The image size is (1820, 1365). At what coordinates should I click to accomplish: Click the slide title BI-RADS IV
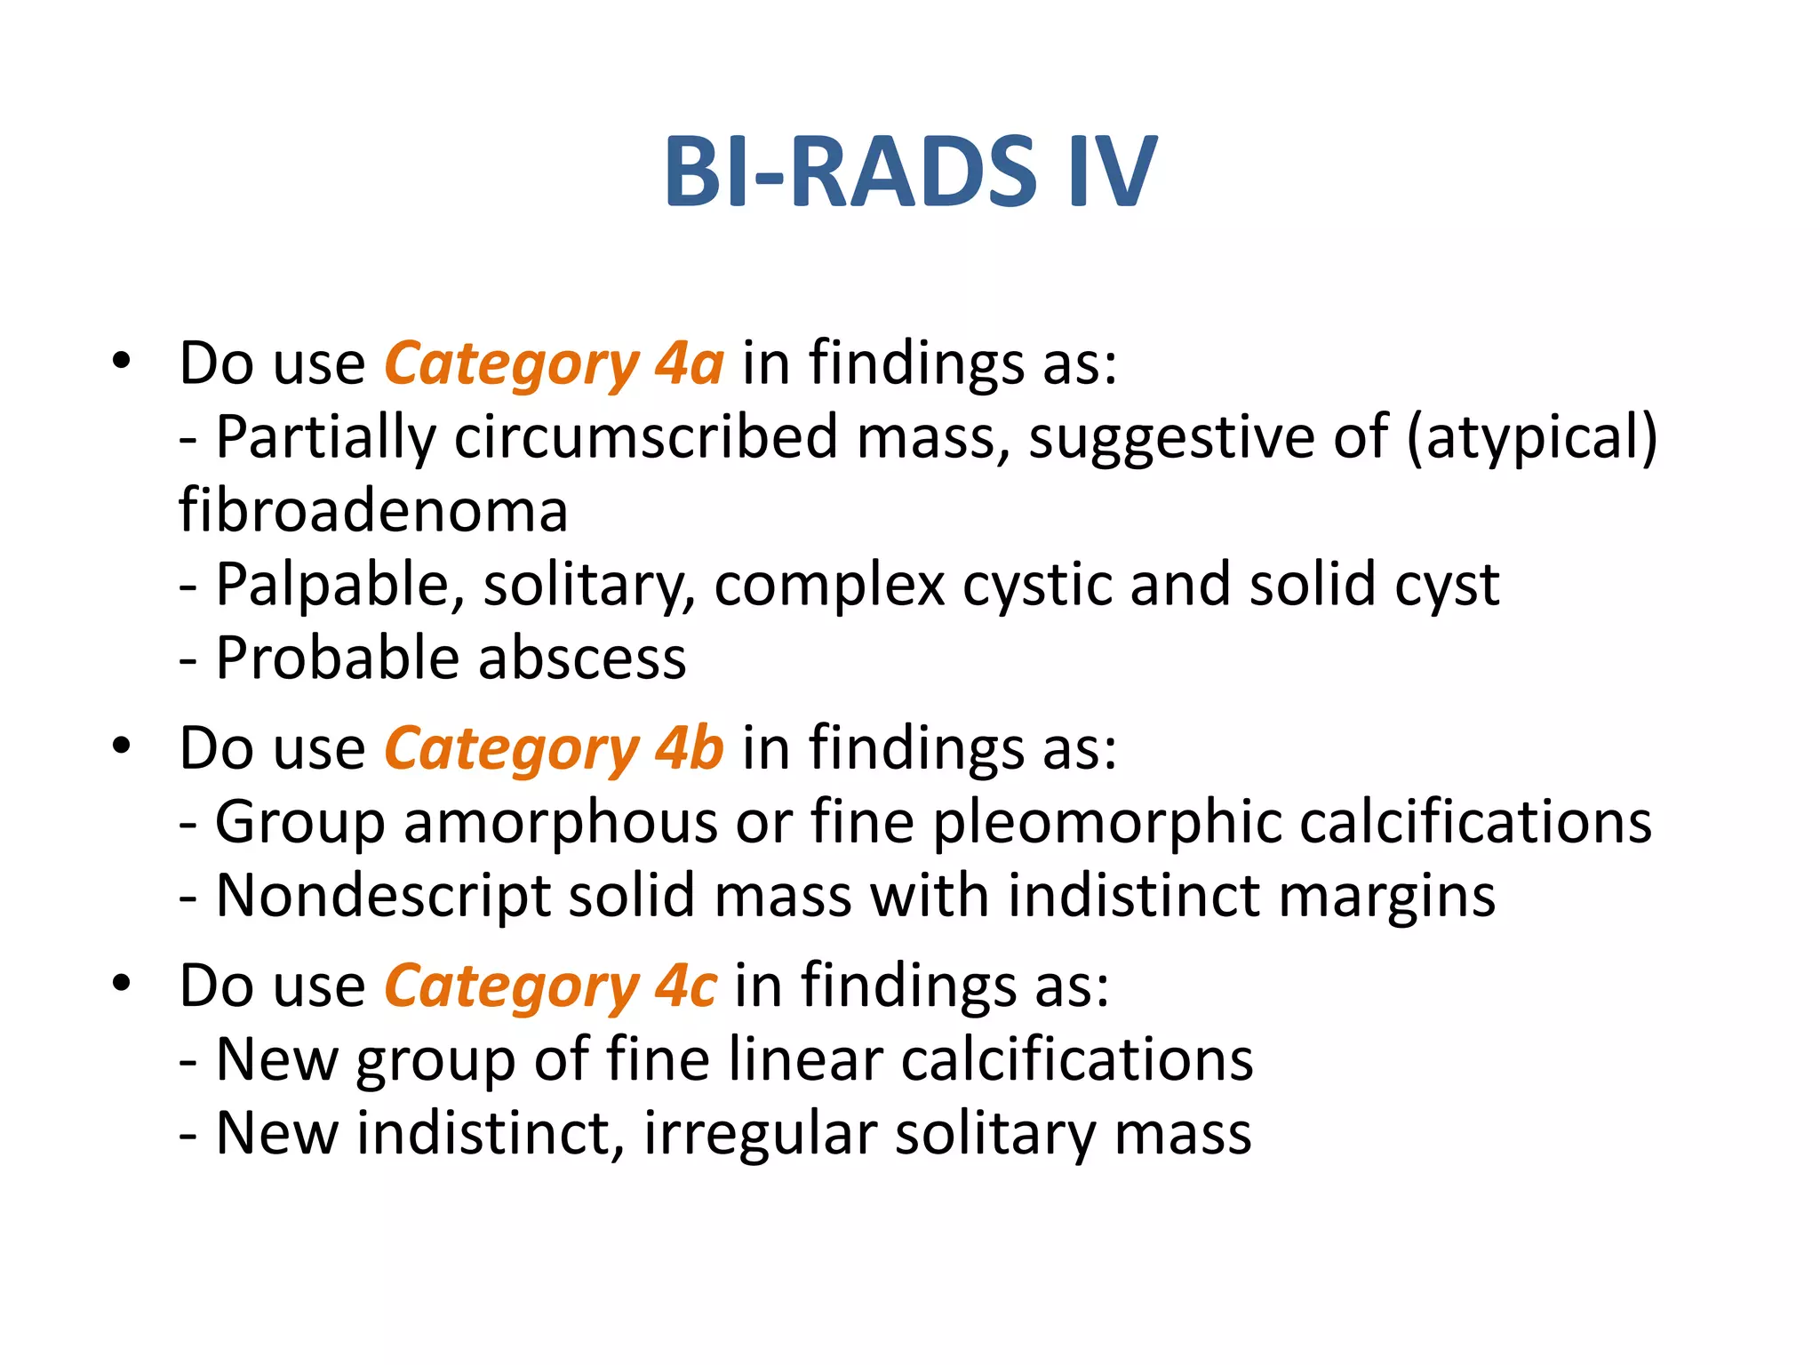click(910, 172)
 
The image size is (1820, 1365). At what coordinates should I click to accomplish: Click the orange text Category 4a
click(554, 364)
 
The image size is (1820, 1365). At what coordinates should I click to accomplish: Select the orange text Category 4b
click(554, 748)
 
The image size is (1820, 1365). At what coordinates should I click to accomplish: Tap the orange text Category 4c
click(550, 986)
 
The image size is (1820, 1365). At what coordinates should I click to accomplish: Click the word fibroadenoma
click(373, 511)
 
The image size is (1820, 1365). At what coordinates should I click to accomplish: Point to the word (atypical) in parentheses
click(1532, 437)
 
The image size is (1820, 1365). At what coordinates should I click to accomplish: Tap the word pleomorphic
click(1106, 822)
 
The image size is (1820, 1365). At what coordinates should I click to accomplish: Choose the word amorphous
click(560, 822)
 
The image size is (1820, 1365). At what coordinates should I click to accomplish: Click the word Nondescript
click(383, 896)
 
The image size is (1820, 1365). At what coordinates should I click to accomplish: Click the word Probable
click(338, 659)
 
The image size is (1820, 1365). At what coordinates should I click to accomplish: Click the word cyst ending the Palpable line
click(1448, 586)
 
